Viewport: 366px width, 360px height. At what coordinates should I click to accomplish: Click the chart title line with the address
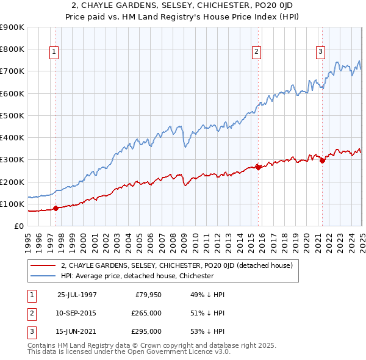point(182,5)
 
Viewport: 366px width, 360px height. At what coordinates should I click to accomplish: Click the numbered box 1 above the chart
point(54,52)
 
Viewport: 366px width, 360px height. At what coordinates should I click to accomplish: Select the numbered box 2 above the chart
point(257,52)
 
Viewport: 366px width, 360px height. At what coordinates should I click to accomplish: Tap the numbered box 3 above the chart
point(321,52)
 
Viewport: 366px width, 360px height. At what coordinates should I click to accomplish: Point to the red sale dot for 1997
point(56,208)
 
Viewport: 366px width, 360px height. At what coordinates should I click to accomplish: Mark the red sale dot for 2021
point(322,160)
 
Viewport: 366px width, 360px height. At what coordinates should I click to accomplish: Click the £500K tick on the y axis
point(13,115)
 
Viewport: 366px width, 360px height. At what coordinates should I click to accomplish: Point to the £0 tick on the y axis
point(20,226)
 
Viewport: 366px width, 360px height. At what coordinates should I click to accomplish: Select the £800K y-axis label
point(13,49)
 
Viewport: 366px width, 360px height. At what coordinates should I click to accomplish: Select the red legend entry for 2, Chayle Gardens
point(177,265)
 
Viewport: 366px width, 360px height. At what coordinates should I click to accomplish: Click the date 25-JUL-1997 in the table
point(77,295)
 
